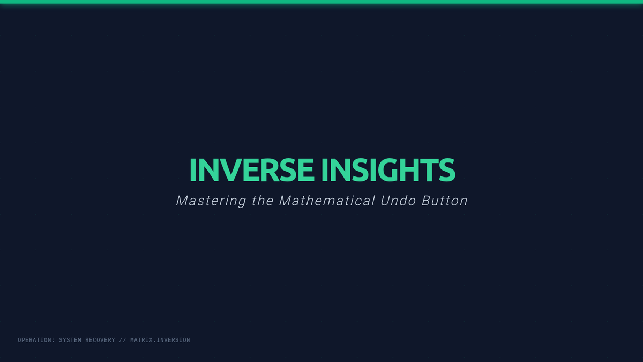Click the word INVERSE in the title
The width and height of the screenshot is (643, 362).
[252, 170]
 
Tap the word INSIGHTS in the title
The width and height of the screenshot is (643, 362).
[388, 170]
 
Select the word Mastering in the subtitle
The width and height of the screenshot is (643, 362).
[211, 201]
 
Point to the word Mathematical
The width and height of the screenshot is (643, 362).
[327, 201]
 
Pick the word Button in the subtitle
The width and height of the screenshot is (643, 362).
[445, 201]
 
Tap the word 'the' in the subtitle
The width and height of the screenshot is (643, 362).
[263, 201]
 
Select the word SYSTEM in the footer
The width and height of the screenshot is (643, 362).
[70, 340]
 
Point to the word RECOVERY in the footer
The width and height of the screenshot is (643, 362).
[100, 340]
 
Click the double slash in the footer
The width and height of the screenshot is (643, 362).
[123, 340]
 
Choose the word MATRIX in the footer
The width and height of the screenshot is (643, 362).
[141, 340]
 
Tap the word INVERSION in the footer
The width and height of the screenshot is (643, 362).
[174, 340]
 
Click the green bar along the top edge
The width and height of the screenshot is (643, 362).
[322, 2]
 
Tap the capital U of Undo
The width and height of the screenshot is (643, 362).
[385, 201]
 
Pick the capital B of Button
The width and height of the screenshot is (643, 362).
[426, 201]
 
